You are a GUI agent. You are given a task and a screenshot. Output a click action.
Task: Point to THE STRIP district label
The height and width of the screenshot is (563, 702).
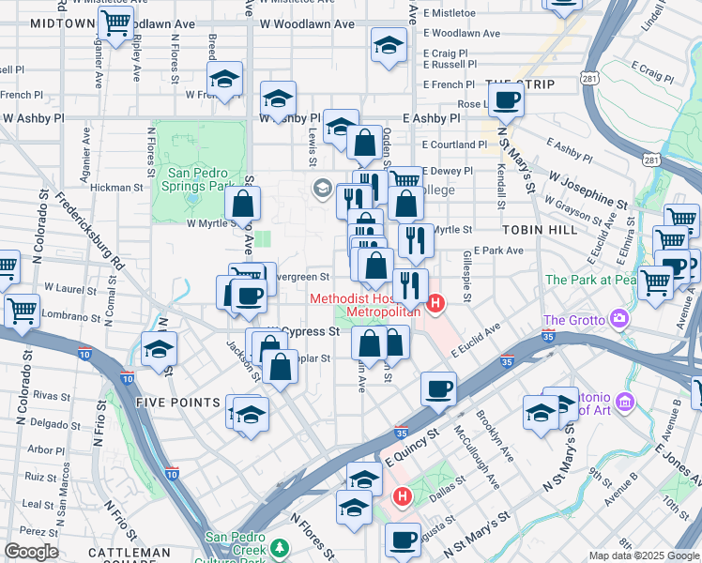point(521,84)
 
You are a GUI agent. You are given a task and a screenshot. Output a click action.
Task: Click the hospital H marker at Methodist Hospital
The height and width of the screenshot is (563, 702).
point(435,302)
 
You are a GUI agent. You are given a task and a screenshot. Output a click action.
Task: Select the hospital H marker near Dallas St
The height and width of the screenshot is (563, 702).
point(403,495)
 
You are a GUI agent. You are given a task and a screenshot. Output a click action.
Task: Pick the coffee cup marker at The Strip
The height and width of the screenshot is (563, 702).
point(507,100)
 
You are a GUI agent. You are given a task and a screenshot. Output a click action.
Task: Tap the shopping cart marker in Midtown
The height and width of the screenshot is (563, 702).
point(115,23)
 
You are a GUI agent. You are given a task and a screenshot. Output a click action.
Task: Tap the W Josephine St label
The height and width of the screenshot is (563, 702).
point(588,189)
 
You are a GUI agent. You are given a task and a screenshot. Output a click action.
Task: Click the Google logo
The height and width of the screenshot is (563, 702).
point(31,552)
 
